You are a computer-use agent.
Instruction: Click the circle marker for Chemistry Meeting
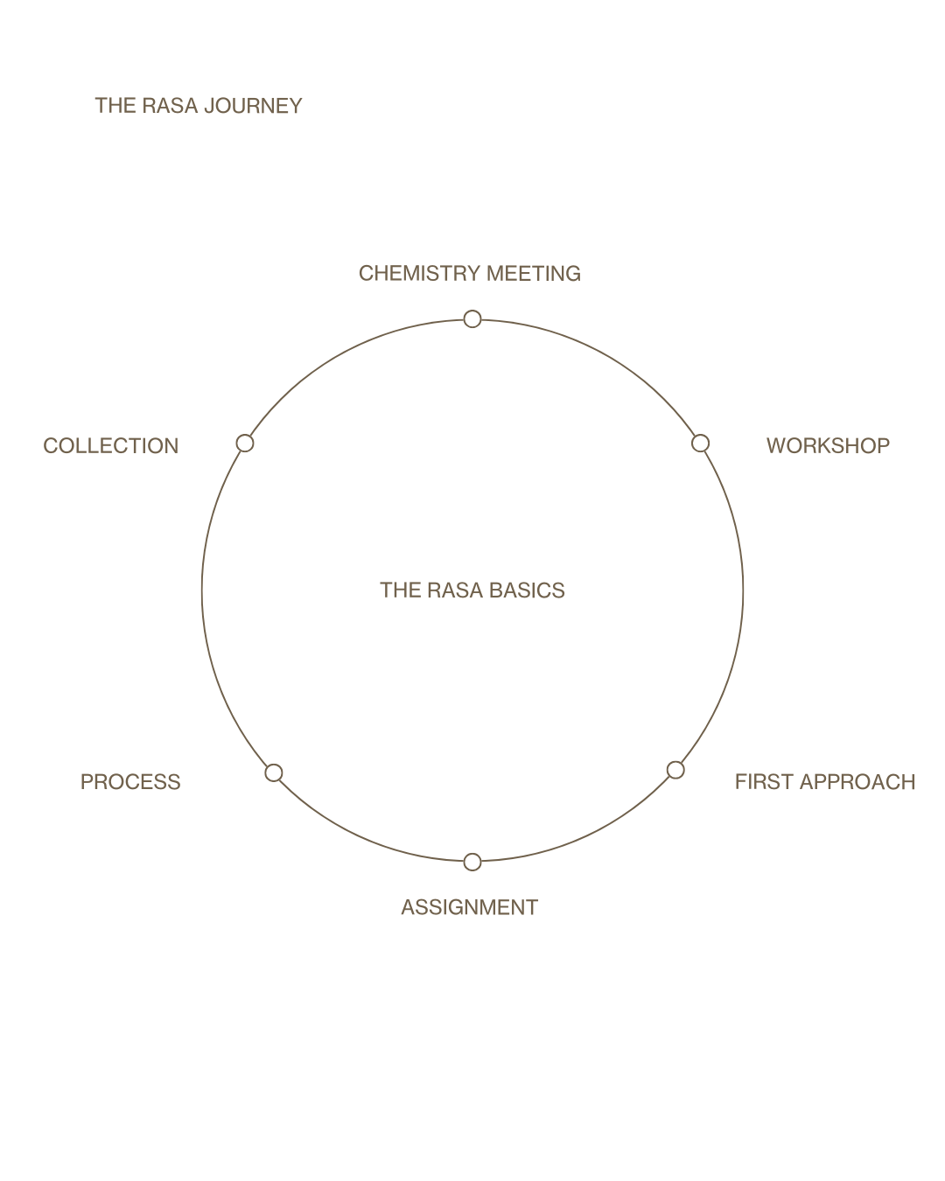click(472, 318)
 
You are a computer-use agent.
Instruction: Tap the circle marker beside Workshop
click(700, 444)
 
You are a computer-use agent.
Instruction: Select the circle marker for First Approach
click(675, 770)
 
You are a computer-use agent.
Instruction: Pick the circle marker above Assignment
click(472, 862)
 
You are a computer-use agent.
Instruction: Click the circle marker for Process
click(274, 772)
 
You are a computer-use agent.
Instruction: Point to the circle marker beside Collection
click(245, 443)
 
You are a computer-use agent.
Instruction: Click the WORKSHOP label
click(828, 446)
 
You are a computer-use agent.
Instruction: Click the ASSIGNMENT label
click(469, 908)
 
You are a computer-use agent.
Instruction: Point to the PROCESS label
click(130, 782)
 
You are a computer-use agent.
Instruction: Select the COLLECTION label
click(111, 446)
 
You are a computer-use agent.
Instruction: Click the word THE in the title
click(115, 106)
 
